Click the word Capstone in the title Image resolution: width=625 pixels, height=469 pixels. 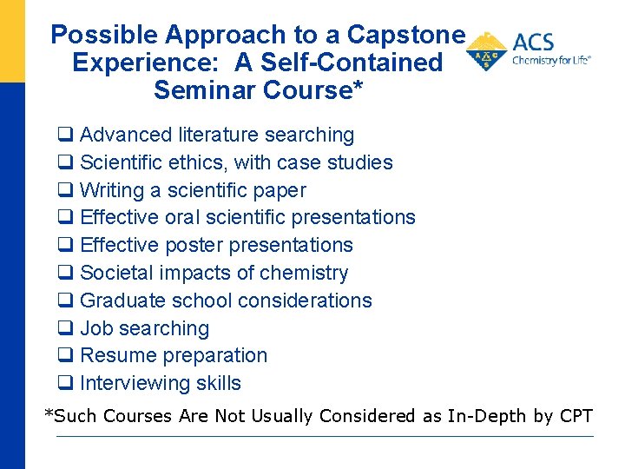click(x=406, y=35)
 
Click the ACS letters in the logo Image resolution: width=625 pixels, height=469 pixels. click(x=534, y=43)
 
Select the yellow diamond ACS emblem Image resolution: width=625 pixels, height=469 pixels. click(x=487, y=52)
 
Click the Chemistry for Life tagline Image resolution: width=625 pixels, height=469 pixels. click(x=551, y=61)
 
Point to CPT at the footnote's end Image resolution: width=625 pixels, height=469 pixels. click(x=576, y=416)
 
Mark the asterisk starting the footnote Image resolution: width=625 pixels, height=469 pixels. click(x=49, y=414)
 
